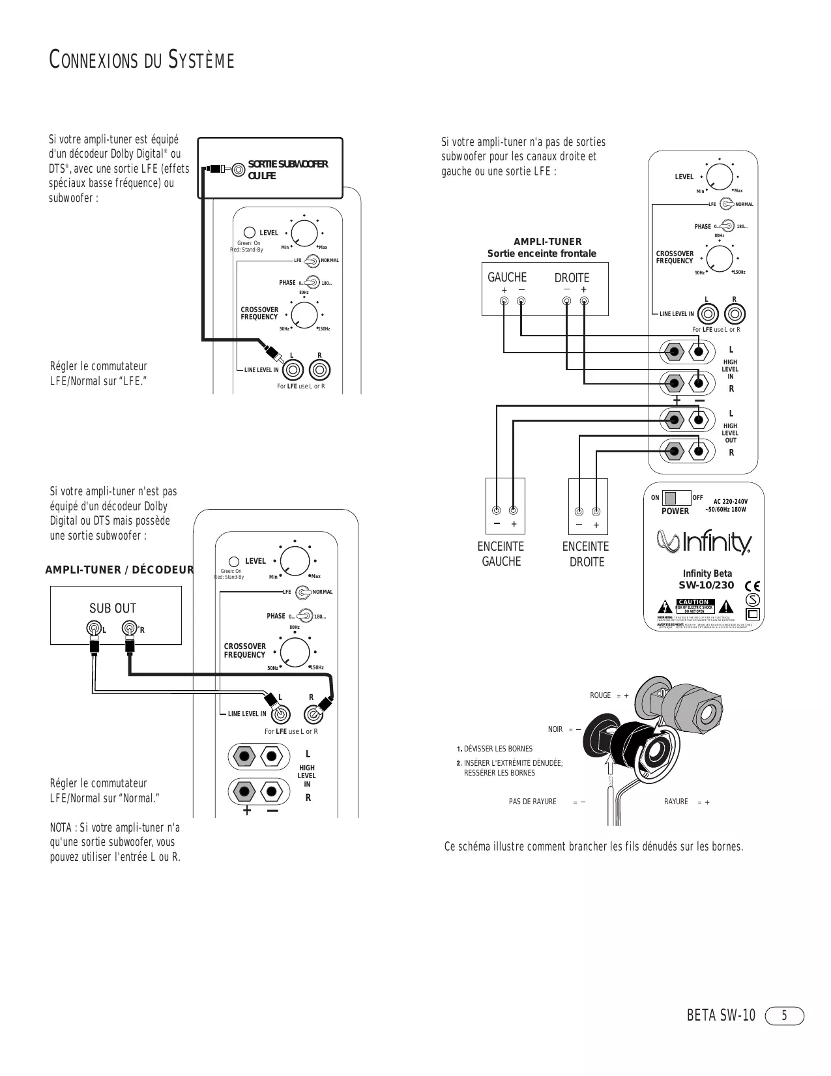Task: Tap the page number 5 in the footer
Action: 785,1015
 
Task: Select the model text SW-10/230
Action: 707,585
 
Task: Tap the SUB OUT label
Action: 113,608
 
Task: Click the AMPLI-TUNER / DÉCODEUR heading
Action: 119,570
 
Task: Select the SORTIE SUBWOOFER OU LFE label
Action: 287,169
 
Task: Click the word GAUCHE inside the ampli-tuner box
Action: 506,278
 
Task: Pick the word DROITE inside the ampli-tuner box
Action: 572,278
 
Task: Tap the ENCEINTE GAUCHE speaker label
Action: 501,554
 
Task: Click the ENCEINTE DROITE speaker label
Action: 586,554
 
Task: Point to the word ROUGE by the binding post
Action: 600,695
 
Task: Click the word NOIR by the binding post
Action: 555,729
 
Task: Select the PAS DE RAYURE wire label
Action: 532,802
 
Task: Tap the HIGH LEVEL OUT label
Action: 730,433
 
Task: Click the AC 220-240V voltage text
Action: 726,501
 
